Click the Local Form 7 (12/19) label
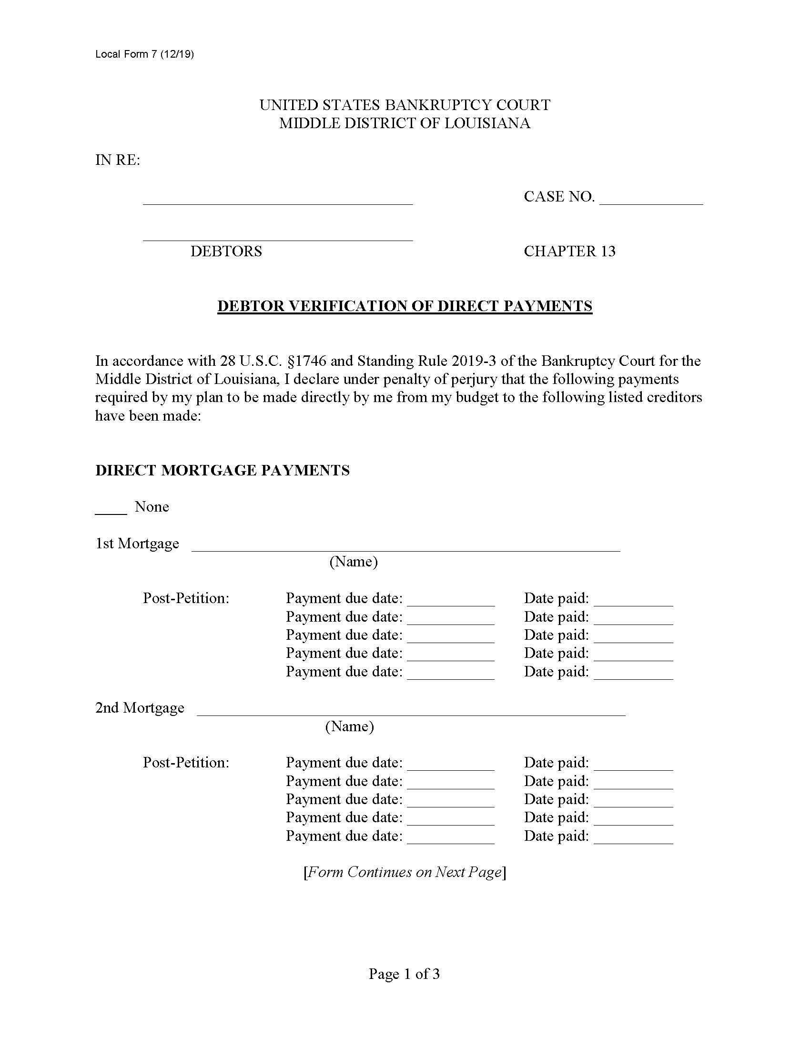click(144, 54)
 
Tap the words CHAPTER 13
click(569, 251)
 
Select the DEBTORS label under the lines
click(226, 251)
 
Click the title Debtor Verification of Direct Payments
click(405, 306)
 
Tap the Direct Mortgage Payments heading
click(222, 470)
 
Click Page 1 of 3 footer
click(404, 974)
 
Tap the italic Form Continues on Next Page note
click(405, 872)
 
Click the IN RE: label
click(118, 160)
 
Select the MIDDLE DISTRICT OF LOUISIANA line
click(405, 123)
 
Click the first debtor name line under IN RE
click(277, 202)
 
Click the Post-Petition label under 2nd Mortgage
click(186, 763)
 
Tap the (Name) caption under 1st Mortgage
click(353, 562)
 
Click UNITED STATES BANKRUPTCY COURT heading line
click(405, 105)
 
